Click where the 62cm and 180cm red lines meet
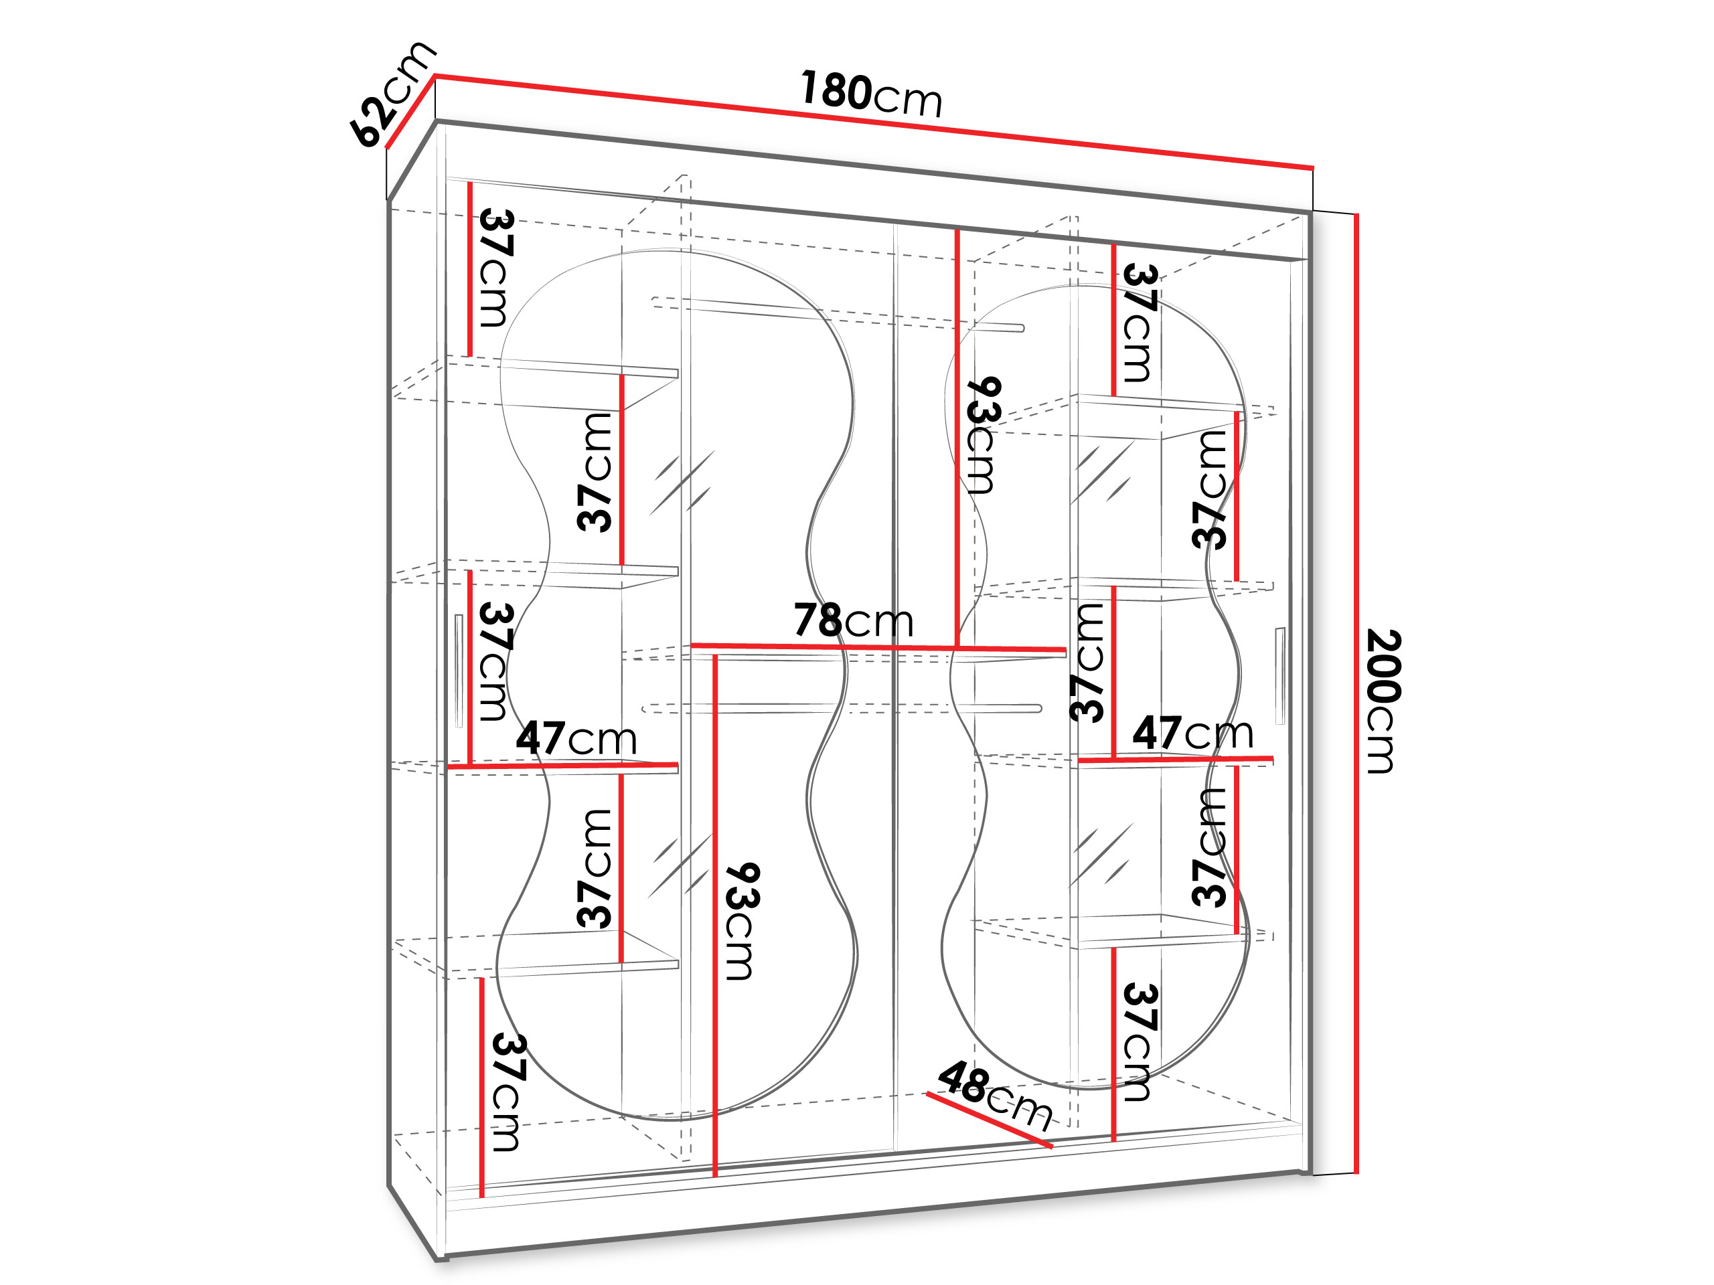[x=435, y=76]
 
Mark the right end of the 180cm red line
[x=1313, y=167]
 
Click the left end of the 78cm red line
[x=692, y=645]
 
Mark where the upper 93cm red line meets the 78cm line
[x=957, y=648]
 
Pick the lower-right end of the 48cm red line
[x=1051, y=1146]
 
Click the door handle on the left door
[x=459, y=671]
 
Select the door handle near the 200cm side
[x=1279, y=675]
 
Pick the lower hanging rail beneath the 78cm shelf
[x=842, y=708]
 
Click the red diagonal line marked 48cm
[x=989, y=1119]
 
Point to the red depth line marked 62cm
[x=410, y=110]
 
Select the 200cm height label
[x=1383, y=701]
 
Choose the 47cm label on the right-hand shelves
[x=1192, y=733]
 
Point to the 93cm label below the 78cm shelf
[x=743, y=921]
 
